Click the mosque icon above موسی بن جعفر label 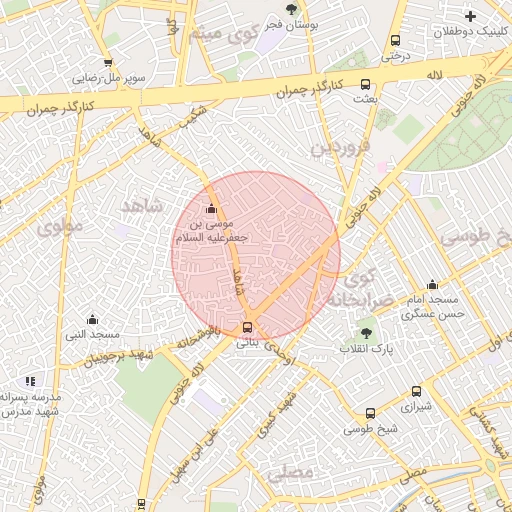point(211,209)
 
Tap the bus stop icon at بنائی point(248,327)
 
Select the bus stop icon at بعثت point(365,84)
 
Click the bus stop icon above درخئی point(395,41)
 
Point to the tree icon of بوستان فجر point(291,11)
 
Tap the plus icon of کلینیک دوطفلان point(470,15)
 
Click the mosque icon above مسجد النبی point(92,319)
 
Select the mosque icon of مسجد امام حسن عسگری point(432,284)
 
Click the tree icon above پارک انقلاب point(366,333)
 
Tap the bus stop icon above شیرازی point(416,392)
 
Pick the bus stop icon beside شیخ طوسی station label point(371,413)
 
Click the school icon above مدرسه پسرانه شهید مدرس point(30,381)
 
